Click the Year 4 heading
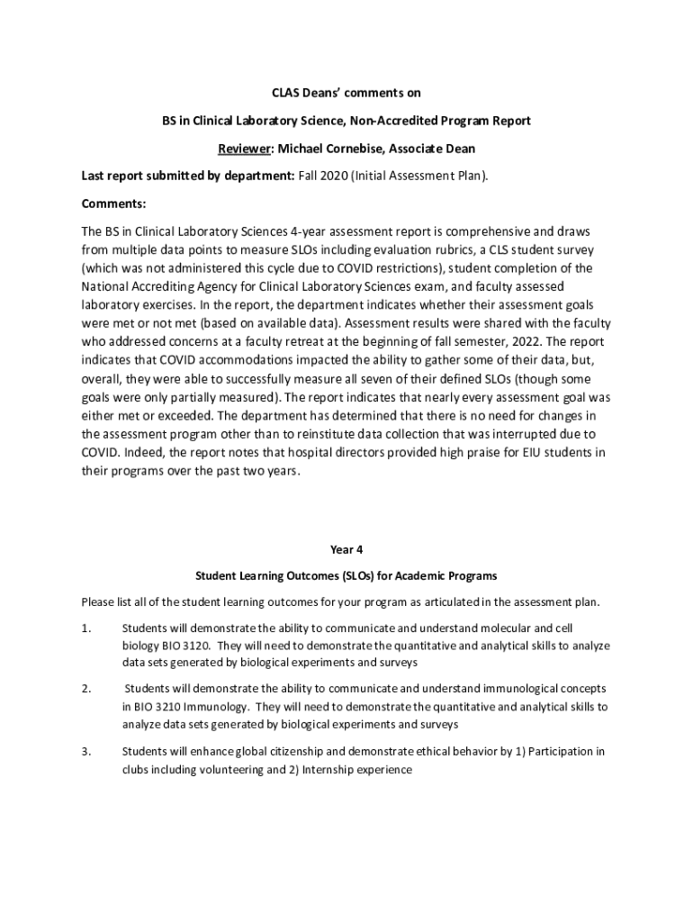click(346, 548)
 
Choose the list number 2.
click(86, 688)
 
